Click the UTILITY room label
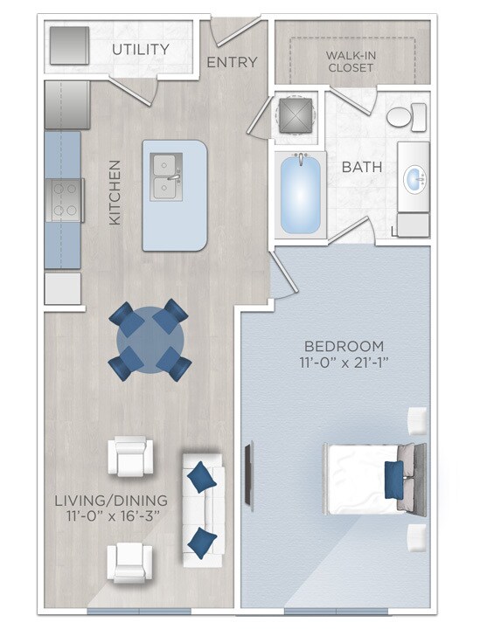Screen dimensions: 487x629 [141, 49]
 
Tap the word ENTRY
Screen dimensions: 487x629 [232, 62]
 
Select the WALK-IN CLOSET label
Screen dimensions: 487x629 [351, 61]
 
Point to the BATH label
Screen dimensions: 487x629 [362, 167]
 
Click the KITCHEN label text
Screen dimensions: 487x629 [115, 192]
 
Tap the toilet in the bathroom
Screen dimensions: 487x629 [407, 117]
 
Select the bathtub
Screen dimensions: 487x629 [300, 196]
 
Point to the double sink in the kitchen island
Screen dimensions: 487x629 [166, 176]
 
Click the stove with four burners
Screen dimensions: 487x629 [65, 200]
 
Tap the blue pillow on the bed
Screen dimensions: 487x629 [393, 480]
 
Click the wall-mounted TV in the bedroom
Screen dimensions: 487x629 [249, 476]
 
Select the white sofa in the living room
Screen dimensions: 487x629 [203, 510]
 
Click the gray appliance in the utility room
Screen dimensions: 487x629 [69, 45]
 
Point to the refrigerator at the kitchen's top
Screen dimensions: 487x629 [67, 105]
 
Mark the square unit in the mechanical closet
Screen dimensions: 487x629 [296, 115]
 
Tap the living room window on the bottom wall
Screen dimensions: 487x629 [139, 611]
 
